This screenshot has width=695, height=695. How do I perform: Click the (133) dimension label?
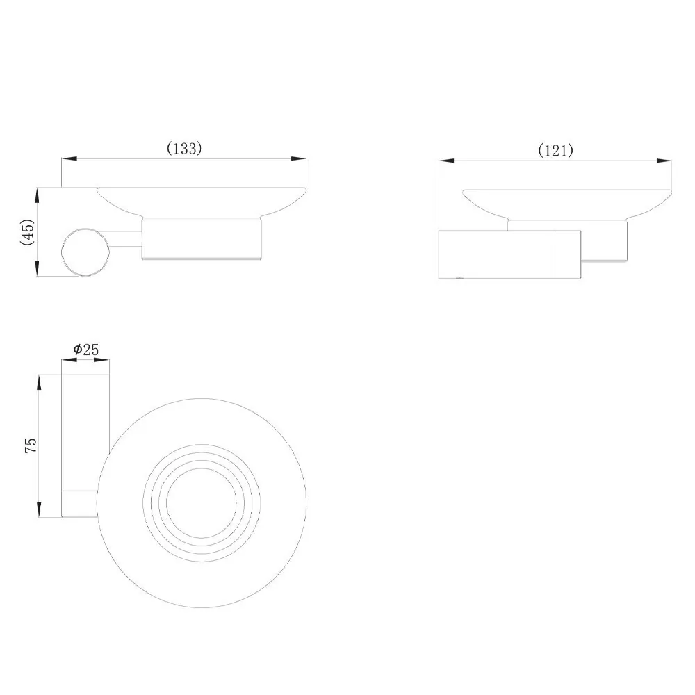click(x=184, y=148)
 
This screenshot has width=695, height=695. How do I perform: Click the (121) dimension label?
click(x=555, y=151)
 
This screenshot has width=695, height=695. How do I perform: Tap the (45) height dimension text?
click(x=28, y=232)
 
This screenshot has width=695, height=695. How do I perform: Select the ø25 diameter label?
click(x=86, y=350)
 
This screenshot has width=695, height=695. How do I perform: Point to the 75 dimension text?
click(x=31, y=445)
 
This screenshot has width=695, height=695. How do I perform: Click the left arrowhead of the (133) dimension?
click(x=69, y=158)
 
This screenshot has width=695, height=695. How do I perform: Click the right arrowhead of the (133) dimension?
click(x=299, y=158)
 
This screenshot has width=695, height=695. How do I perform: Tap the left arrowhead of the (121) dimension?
click(x=446, y=161)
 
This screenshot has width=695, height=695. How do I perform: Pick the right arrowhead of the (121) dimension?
click(x=664, y=161)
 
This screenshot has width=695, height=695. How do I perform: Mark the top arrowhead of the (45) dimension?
click(x=38, y=195)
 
